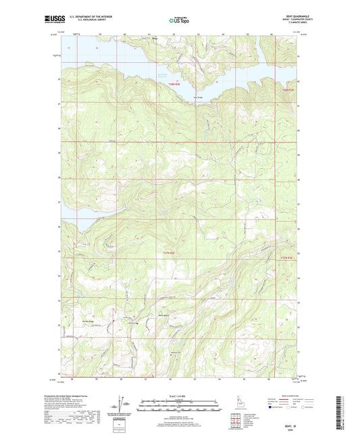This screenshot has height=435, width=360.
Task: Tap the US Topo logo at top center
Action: pyautogui.click(x=179, y=20)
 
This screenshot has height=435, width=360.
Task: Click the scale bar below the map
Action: pyautogui.click(x=179, y=407)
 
